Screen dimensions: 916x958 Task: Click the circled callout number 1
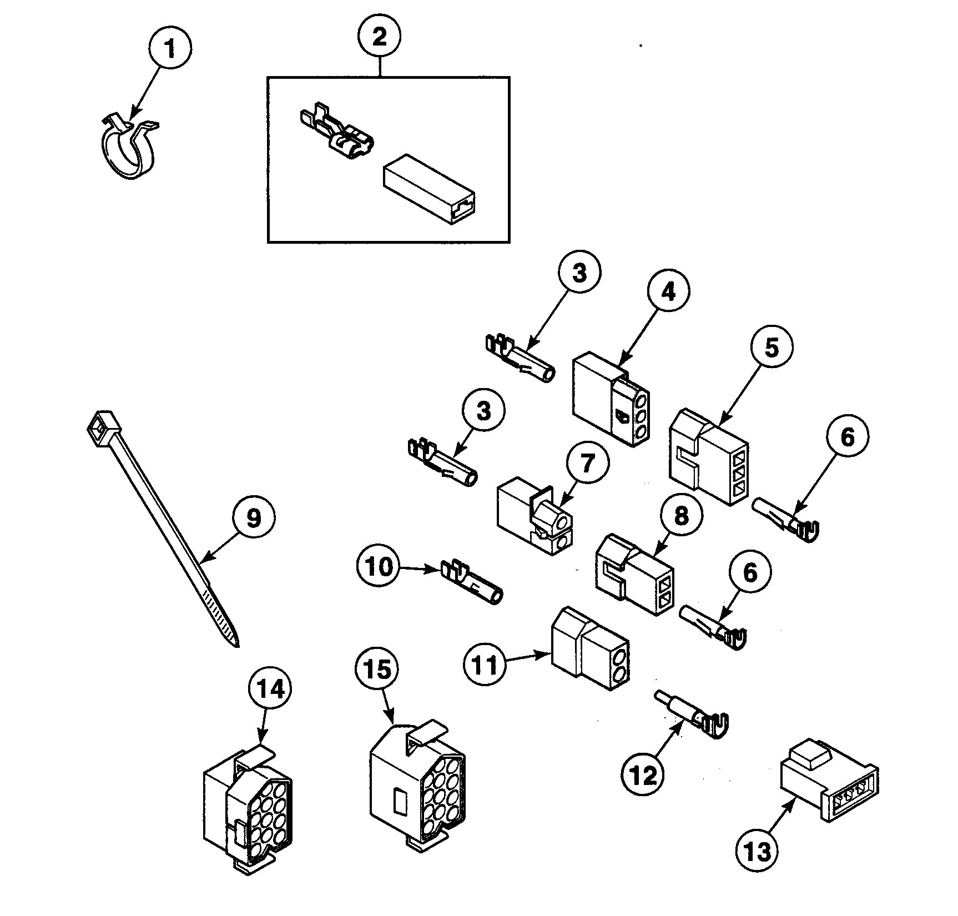[170, 49]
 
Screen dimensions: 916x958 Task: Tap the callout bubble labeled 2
[379, 37]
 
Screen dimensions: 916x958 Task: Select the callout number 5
[772, 347]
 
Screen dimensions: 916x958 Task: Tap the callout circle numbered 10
[379, 567]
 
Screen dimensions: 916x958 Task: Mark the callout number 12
[644, 775]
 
